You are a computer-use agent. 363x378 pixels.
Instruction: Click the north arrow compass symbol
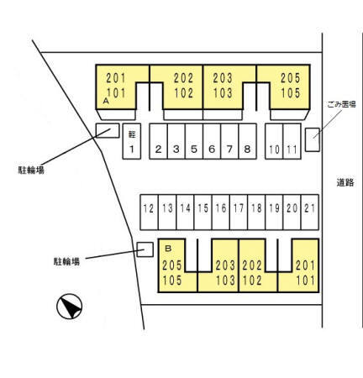tap(70, 307)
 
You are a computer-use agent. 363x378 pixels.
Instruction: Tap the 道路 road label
tap(345, 182)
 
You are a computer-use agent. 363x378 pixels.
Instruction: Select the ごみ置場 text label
tap(341, 104)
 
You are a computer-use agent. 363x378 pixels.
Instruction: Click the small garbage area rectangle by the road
tap(313, 139)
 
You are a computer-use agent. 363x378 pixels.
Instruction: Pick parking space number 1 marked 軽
tap(132, 141)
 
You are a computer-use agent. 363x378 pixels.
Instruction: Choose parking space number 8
tap(248, 141)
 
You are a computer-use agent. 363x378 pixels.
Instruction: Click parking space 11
tap(292, 141)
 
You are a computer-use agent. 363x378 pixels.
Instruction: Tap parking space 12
tap(149, 213)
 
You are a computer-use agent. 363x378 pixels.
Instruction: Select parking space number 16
tap(221, 213)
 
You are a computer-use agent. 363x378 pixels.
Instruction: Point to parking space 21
tap(310, 213)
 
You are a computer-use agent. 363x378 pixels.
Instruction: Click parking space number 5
tap(194, 141)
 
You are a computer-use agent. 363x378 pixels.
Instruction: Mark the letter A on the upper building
tap(106, 101)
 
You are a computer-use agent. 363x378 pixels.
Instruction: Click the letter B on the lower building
tap(168, 249)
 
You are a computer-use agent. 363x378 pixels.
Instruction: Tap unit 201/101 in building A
tap(116, 86)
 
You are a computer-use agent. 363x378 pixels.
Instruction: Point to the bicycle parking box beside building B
tap(145, 249)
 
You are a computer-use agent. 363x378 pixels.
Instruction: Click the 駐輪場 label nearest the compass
tap(66, 261)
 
